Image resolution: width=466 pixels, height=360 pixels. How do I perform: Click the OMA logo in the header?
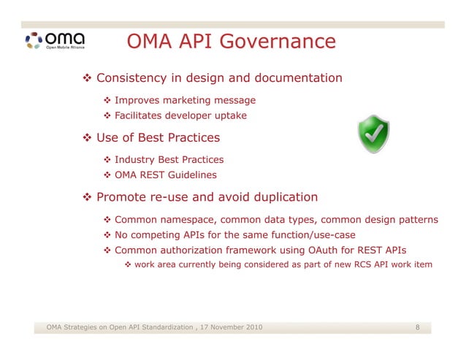(x=54, y=40)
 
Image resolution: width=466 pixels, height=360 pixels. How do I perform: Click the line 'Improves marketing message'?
(x=185, y=100)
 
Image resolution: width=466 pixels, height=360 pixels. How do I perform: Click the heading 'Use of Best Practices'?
(x=157, y=137)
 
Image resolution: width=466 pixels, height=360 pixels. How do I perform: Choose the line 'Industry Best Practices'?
(x=169, y=159)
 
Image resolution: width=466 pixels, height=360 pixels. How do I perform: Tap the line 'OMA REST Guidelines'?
(x=165, y=175)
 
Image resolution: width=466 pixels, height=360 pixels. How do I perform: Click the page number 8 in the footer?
(x=417, y=326)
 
